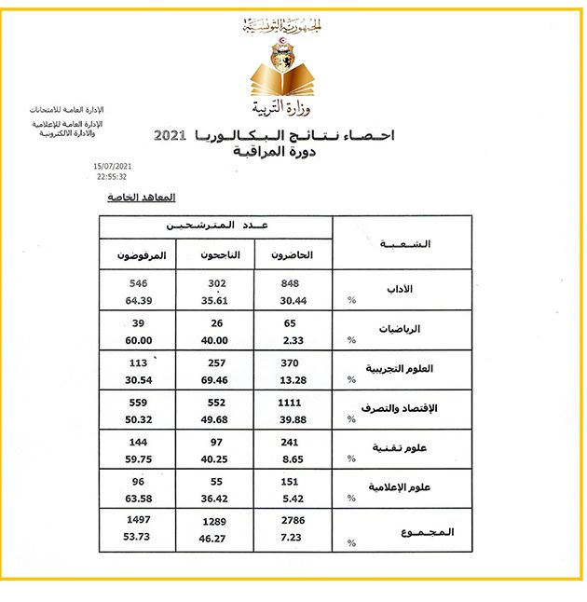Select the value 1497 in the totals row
pos(140,520)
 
